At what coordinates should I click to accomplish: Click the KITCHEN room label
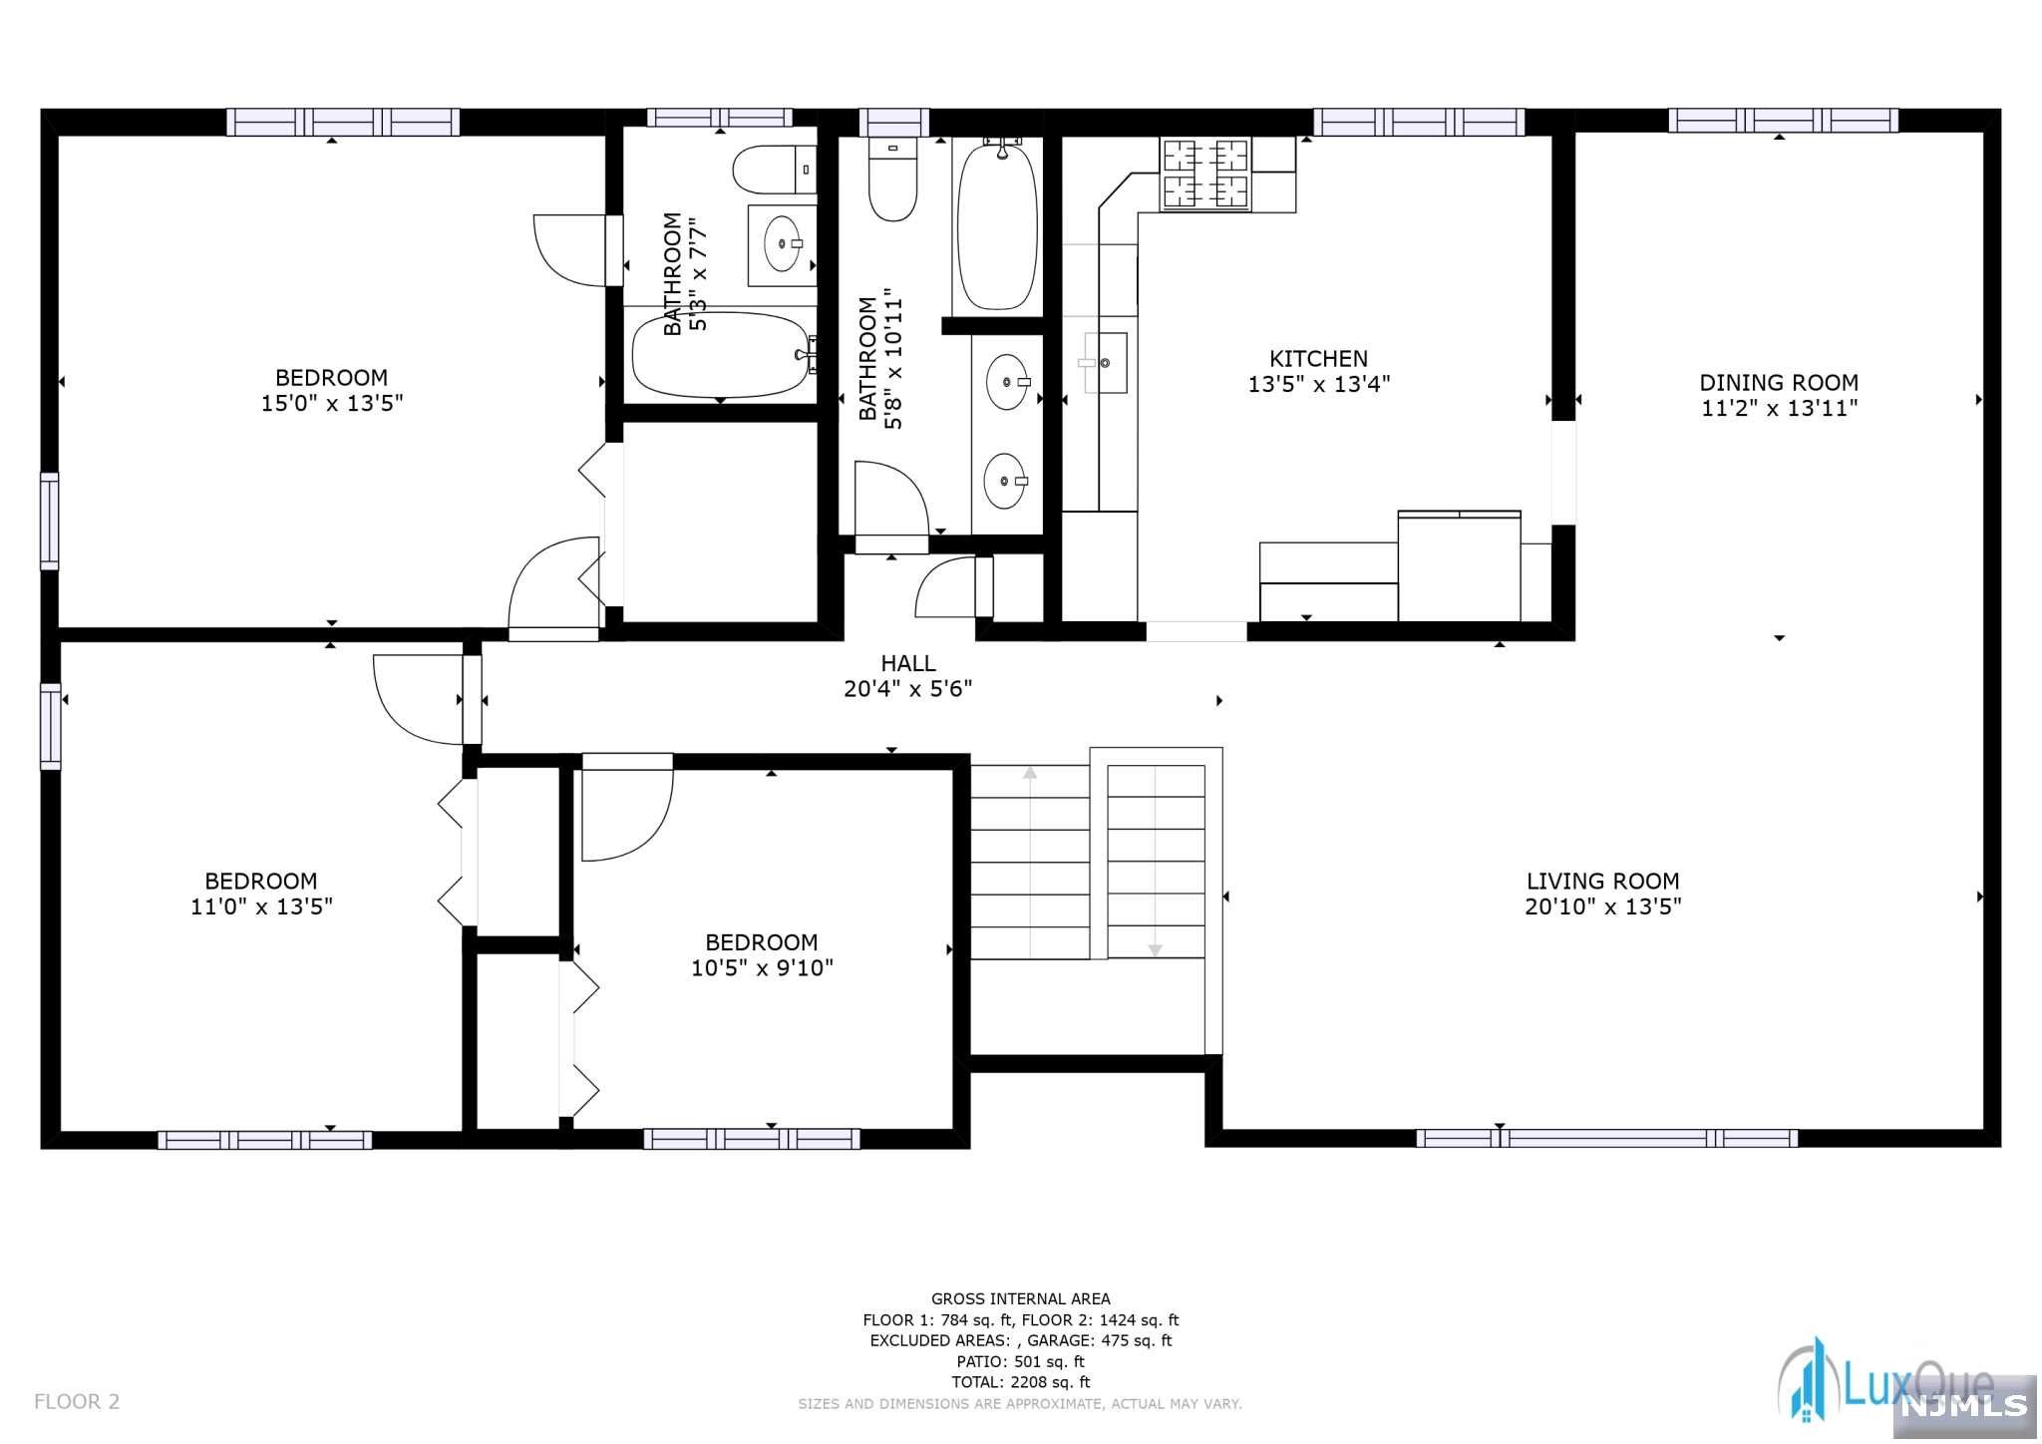[1318, 358]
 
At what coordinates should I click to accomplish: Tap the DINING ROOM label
[1779, 382]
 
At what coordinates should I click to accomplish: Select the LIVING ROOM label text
[1602, 881]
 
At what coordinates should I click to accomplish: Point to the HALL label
[907, 663]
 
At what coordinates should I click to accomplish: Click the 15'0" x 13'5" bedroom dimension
[332, 403]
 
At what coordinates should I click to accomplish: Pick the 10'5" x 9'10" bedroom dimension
[762, 967]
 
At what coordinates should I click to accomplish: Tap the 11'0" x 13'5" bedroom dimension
[261, 906]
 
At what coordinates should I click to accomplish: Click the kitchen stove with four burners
[1205, 174]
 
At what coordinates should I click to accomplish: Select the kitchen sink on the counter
[1105, 363]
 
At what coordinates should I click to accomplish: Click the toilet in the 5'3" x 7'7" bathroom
[775, 170]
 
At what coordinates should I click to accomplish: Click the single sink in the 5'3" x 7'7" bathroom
[783, 243]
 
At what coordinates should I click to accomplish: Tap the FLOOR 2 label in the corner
[77, 1401]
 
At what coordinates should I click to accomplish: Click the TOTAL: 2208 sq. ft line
[1020, 1382]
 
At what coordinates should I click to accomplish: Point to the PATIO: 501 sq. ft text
[1020, 1361]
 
